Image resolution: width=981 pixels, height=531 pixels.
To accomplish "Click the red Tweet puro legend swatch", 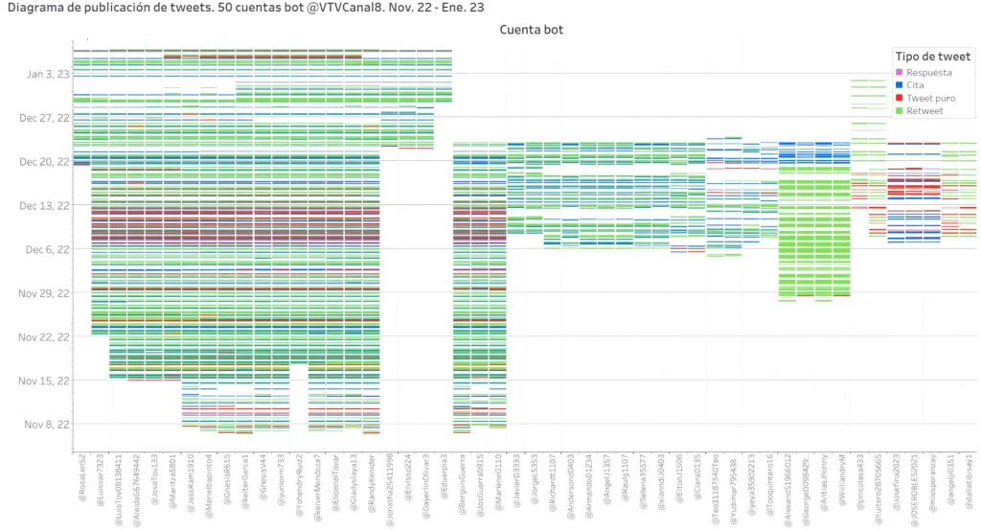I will point(899,98).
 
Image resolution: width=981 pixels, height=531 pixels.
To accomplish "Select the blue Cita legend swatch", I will point(899,85).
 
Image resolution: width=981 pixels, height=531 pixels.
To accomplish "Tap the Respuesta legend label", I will point(928,72).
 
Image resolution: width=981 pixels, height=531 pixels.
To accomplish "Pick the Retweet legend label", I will point(924,111).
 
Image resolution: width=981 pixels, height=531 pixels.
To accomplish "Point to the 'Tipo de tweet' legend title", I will point(932,57).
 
